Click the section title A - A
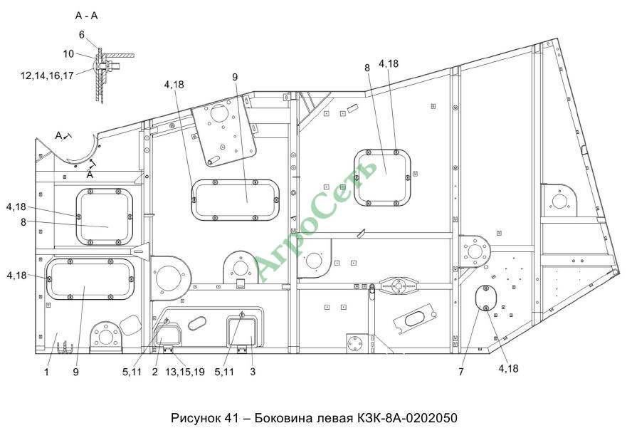(86, 16)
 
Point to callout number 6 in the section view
(82, 35)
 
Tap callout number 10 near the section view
(68, 53)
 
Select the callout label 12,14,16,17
(47, 75)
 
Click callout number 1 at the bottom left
(46, 372)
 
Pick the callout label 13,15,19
(185, 372)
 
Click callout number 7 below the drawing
(461, 372)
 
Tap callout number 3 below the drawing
(253, 372)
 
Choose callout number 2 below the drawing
(154, 372)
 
